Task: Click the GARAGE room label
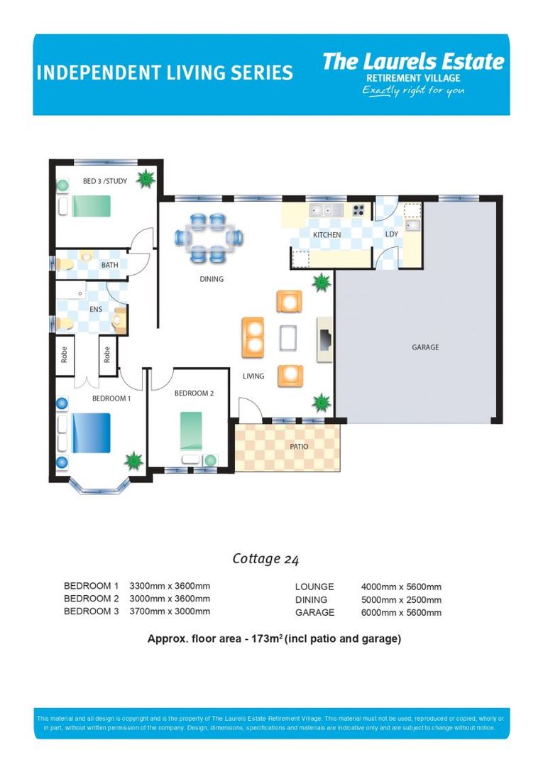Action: [x=424, y=347]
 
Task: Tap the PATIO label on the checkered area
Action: [x=298, y=447]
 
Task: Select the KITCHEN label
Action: [x=327, y=235]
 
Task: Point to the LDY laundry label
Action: [x=391, y=234]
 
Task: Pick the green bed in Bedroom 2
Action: [x=190, y=431]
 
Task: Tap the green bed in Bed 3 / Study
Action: [x=91, y=206]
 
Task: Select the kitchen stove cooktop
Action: [x=358, y=210]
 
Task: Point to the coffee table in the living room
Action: [x=289, y=337]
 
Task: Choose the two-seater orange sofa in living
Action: [x=253, y=337]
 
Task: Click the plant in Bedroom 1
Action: [x=133, y=460]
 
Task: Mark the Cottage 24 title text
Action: [x=265, y=559]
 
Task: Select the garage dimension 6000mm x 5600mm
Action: [x=401, y=612]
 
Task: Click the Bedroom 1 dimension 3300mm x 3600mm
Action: [x=170, y=587]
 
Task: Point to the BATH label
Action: [x=110, y=266]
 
